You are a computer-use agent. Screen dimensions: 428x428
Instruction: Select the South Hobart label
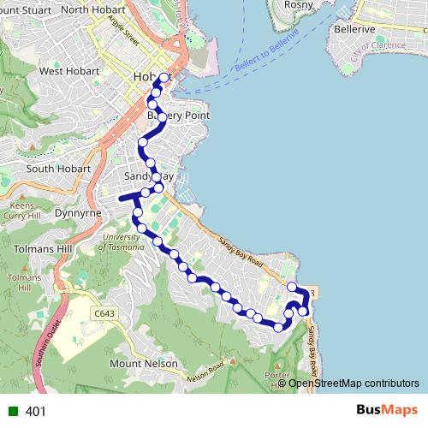click(x=58, y=169)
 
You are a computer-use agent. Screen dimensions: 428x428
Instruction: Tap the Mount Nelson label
click(x=144, y=364)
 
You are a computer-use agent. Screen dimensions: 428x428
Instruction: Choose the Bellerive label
click(x=356, y=29)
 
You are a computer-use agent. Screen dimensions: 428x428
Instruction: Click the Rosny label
click(x=298, y=4)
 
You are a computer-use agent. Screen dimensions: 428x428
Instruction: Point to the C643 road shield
click(x=104, y=313)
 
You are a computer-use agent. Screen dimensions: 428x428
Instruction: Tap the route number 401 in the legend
click(x=36, y=411)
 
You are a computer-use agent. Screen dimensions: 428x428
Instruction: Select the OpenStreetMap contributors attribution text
click(x=354, y=383)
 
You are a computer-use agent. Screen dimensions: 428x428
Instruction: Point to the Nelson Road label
click(x=206, y=370)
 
